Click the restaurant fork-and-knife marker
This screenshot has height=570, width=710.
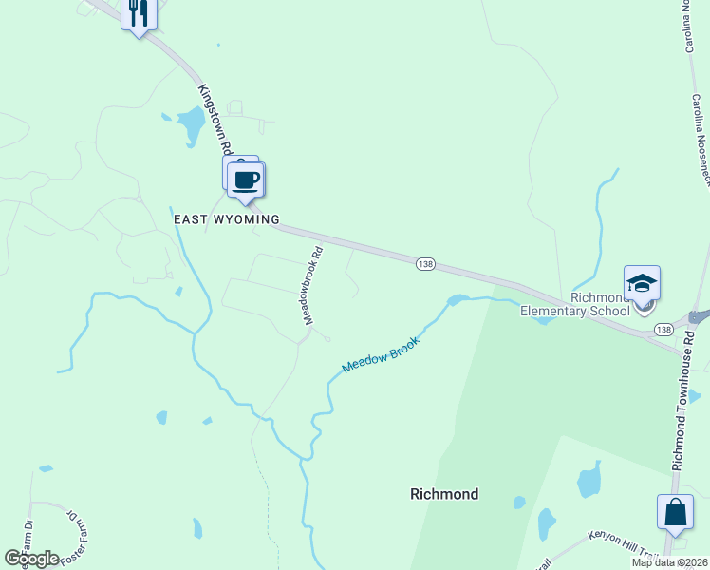[139, 13]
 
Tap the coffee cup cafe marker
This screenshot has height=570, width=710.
[247, 179]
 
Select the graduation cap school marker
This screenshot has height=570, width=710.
[643, 284]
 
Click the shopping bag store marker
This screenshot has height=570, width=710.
[675, 511]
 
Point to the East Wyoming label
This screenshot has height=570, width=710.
[227, 219]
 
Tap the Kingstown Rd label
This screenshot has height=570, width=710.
[215, 119]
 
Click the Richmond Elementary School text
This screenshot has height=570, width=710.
[575, 303]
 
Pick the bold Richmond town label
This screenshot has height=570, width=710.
[444, 494]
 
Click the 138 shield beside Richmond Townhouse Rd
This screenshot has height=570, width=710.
[663, 330]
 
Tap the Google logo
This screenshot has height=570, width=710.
[31, 559]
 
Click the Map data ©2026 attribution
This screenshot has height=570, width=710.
[669, 562]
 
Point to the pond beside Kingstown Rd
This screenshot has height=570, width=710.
[190, 123]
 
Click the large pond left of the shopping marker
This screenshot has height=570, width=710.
[589, 481]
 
